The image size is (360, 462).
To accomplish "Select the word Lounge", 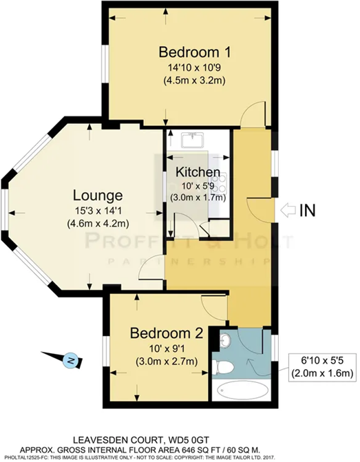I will (100, 195).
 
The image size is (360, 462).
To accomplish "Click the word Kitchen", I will (198, 172).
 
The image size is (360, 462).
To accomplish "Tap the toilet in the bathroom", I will (224, 363).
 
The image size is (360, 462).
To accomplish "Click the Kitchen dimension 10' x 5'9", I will (198, 185).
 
